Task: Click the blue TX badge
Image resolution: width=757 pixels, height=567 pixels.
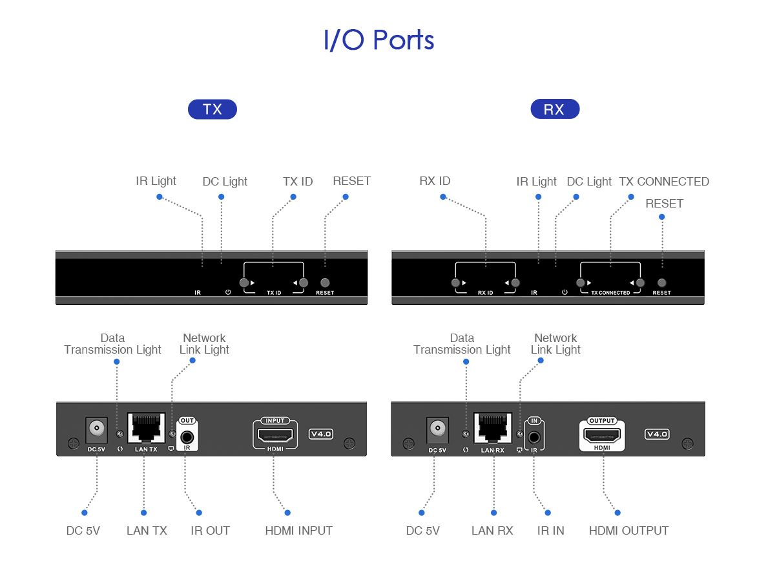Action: [212, 109]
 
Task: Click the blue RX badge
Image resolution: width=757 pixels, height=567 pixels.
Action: [554, 109]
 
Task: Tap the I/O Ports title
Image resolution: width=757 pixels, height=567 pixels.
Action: [378, 40]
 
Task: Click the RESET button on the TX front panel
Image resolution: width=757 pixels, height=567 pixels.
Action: [325, 283]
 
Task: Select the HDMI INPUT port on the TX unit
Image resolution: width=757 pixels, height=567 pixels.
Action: [275, 435]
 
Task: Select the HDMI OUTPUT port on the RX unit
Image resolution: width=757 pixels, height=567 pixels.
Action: [602, 435]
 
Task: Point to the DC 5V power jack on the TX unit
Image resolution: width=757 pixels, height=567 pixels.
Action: [96, 429]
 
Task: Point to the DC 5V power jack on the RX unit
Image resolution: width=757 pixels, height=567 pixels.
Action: [437, 429]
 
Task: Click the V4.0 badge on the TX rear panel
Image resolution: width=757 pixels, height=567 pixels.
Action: [321, 434]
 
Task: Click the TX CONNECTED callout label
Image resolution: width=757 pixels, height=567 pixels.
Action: [663, 182]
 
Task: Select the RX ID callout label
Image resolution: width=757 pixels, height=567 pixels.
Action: [435, 181]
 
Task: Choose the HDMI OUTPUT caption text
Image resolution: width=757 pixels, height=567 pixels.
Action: [628, 531]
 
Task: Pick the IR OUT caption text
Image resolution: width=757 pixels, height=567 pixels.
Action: [210, 531]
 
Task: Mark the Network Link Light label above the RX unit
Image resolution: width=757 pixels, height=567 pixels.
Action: [555, 344]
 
